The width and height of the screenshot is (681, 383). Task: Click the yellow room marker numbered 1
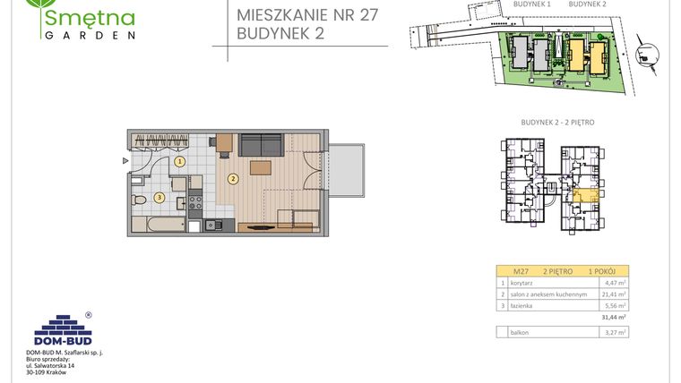pyautogui.click(x=180, y=162)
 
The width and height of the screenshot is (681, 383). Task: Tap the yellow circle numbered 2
pyautogui.click(x=233, y=179)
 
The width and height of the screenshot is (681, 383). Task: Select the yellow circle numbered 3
pyautogui.click(x=159, y=198)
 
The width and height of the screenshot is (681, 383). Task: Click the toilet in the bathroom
pyautogui.click(x=139, y=200)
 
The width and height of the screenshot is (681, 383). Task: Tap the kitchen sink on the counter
pyautogui.click(x=212, y=225)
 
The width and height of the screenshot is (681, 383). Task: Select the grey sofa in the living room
pyautogui.click(x=260, y=145)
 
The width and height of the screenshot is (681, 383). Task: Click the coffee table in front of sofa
pyautogui.click(x=261, y=168)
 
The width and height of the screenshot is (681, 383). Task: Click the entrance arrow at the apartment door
pyautogui.click(x=126, y=161)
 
